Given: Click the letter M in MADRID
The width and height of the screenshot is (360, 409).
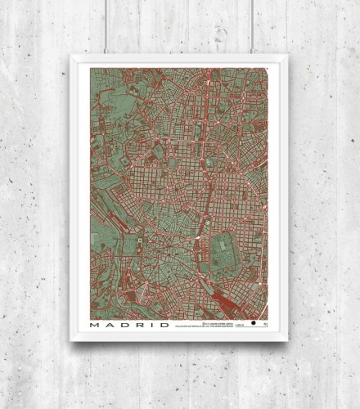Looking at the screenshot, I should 96,325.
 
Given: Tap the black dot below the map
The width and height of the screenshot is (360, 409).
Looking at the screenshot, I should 254,325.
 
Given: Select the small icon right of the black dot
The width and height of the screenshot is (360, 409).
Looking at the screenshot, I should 263,325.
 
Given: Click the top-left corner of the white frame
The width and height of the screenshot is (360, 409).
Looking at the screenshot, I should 72,56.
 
